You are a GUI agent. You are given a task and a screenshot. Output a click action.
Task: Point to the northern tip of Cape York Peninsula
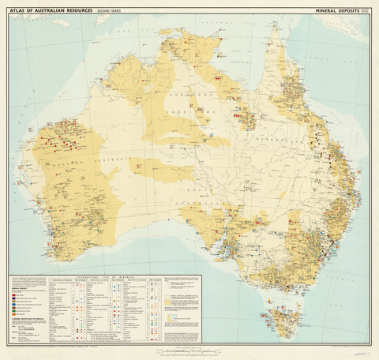pos(273,28)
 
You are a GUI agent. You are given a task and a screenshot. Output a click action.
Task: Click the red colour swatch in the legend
pos(15,294)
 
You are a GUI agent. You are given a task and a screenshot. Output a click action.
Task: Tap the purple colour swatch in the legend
pos(15,298)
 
